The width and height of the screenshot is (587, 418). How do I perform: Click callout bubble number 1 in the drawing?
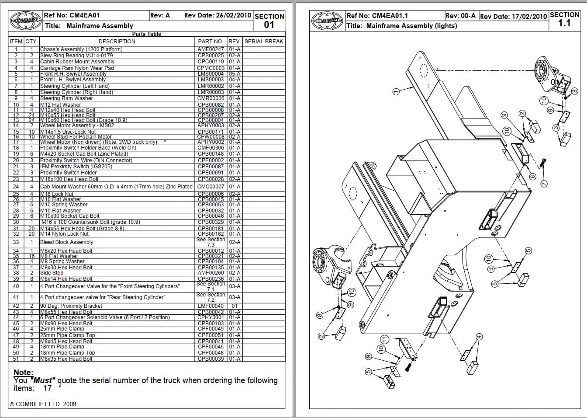coord(396,91)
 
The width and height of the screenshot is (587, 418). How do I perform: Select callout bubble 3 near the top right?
coord(556,128)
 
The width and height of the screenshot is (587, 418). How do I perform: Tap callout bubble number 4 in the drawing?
coord(479,337)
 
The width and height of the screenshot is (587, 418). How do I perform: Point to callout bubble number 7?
coord(544,184)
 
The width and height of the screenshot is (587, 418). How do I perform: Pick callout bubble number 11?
coord(384,339)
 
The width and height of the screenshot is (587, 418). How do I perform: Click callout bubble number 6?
coord(532,177)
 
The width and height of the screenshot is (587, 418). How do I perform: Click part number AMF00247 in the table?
coord(211,49)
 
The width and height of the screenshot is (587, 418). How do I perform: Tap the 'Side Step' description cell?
coord(52,273)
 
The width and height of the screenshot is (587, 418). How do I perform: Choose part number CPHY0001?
coord(211,317)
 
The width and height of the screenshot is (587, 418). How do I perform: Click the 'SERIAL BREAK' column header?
coord(264,42)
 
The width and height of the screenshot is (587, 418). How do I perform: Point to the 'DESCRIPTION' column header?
coord(117,42)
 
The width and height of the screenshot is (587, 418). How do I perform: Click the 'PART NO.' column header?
coord(211,42)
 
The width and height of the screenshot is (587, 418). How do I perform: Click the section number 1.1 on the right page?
coord(564,24)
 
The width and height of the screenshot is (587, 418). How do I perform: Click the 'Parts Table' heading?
coord(147,34)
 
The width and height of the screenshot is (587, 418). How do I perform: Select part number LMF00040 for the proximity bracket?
coord(211,306)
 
